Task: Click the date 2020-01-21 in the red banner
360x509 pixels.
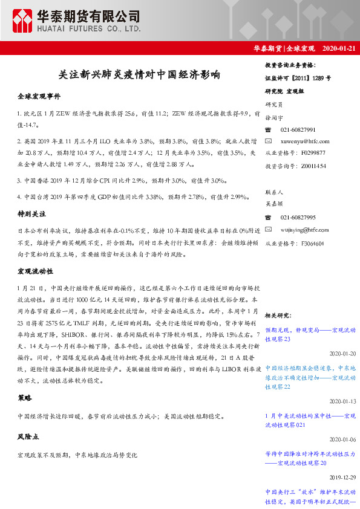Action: (x=340, y=48)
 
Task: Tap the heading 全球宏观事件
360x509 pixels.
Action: (x=39, y=96)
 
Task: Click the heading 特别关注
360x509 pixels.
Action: (x=32, y=214)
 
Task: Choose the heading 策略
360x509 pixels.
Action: (x=25, y=398)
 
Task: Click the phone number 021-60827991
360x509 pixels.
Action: (x=298, y=130)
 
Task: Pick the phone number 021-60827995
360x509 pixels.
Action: (x=298, y=217)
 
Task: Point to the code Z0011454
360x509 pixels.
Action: (x=313, y=166)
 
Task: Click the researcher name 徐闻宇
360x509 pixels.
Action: (x=275, y=117)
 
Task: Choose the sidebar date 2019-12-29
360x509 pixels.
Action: (x=343, y=477)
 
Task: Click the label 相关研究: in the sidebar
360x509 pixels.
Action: (x=278, y=316)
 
